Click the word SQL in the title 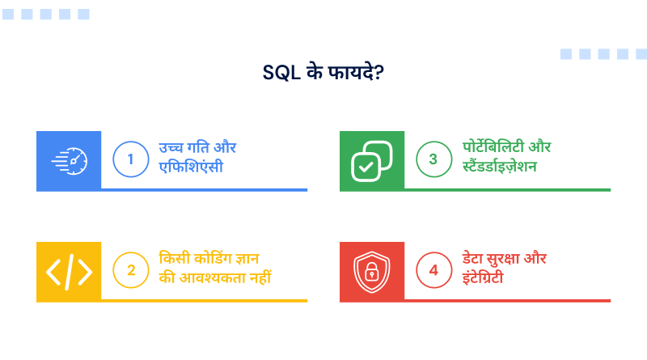280,71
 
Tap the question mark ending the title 378,71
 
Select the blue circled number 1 130,159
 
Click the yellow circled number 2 130,270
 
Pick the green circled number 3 433,159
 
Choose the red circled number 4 433,270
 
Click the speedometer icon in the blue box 69,160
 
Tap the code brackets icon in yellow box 69,271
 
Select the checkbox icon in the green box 371,160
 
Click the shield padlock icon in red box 371,271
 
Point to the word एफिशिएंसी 191,168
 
